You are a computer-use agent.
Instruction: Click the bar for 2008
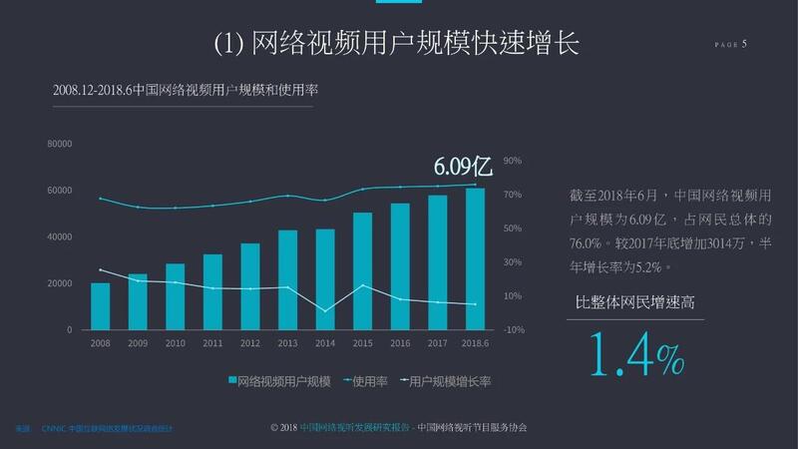pyautogui.click(x=100, y=306)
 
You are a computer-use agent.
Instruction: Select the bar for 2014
pyautogui.click(x=325, y=279)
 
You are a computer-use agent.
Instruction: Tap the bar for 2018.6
pyautogui.click(x=476, y=258)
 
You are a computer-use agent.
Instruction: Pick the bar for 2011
pyautogui.click(x=212, y=291)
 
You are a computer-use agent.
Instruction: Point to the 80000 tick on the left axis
pyautogui.click(x=60, y=144)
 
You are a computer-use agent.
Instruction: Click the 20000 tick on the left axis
pyautogui.click(x=60, y=283)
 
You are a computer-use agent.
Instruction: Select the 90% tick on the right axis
pyautogui.click(x=513, y=161)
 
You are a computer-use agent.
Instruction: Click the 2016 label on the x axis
pyautogui.click(x=400, y=343)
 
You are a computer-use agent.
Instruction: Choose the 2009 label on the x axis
pyautogui.click(x=138, y=343)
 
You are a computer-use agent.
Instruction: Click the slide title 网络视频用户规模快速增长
pyautogui.click(x=396, y=44)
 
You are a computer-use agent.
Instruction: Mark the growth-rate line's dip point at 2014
pyautogui.click(x=325, y=310)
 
